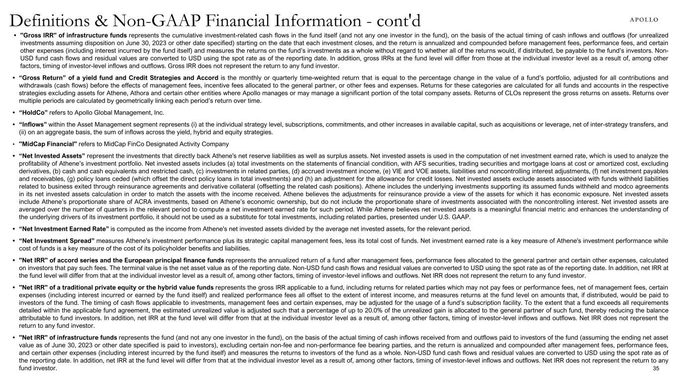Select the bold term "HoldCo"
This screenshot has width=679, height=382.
coord(34,113)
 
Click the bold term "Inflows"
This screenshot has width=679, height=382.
coord(33,124)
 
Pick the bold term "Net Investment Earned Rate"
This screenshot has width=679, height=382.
coord(64,229)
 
